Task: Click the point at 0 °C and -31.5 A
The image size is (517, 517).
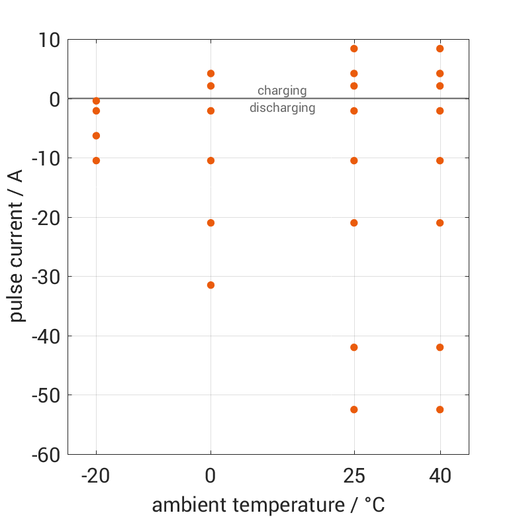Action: tap(211, 285)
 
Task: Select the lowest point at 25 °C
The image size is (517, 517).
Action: tap(353, 409)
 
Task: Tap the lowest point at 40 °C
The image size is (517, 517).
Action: tap(440, 409)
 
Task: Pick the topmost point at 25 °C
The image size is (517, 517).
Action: tap(353, 48)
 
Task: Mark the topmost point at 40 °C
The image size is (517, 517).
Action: tap(440, 48)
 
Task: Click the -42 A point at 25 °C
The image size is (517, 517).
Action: tap(353, 347)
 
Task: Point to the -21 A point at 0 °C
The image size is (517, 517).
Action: tap(211, 222)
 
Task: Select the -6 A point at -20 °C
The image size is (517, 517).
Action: tap(96, 135)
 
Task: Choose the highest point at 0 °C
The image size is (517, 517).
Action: tap(211, 73)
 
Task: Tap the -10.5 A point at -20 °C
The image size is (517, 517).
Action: tap(96, 160)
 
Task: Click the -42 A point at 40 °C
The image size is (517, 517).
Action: tap(440, 347)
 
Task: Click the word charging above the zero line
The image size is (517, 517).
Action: tap(282, 91)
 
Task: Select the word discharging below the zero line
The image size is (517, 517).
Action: tap(282, 108)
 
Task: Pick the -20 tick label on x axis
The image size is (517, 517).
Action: tap(96, 476)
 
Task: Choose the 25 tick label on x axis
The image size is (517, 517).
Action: tap(353, 476)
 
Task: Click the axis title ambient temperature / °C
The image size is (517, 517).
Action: tap(268, 505)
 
